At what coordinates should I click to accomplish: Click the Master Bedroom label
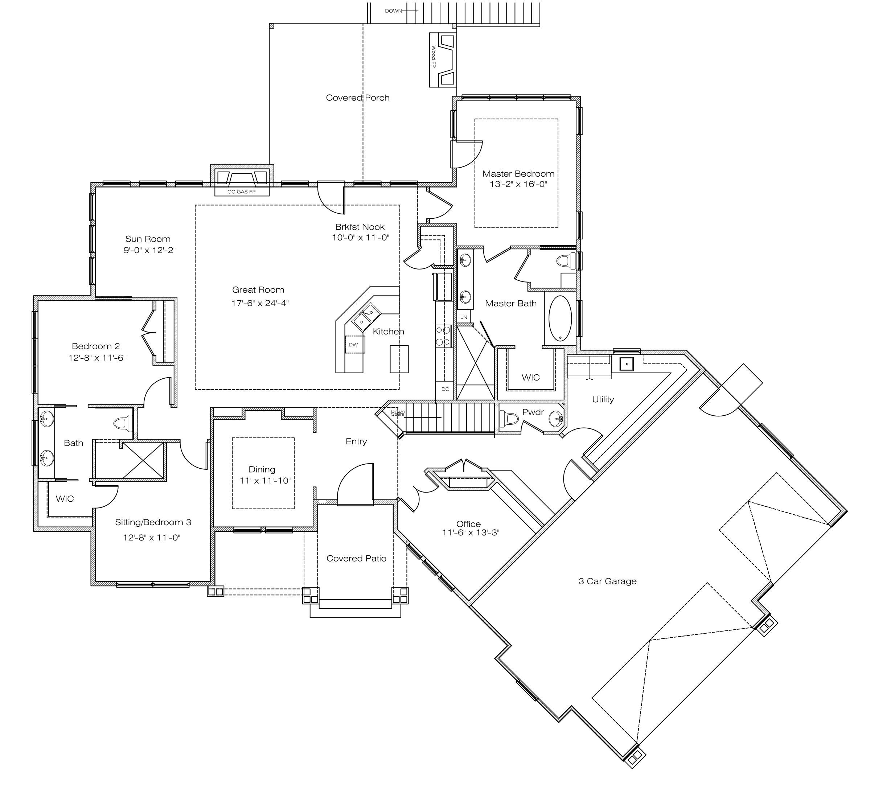(x=518, y=174)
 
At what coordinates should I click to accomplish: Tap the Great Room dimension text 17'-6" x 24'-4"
(x=260, y=303)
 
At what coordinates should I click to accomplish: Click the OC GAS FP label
(x=242, y=192)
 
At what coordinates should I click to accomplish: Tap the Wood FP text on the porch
(x=434, y=57)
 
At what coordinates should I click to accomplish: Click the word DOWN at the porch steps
(x=393, y=11)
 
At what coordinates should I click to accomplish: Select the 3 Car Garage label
(x=607, y=581)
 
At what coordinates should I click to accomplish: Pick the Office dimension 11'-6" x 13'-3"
(x=471, y=532)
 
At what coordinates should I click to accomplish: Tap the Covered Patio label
(x=356, y=558)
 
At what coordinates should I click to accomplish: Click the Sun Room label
(x=148, y=239)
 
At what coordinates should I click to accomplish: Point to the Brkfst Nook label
(x=360, y=227)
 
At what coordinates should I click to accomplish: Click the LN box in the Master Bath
(x=464, y=317)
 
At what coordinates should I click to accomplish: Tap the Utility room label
(x=603, y=399)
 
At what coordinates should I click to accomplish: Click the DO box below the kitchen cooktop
(x=445, y=389)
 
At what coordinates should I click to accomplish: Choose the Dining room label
(x=262, y=469)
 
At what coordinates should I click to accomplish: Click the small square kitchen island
(x=399, y=359)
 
